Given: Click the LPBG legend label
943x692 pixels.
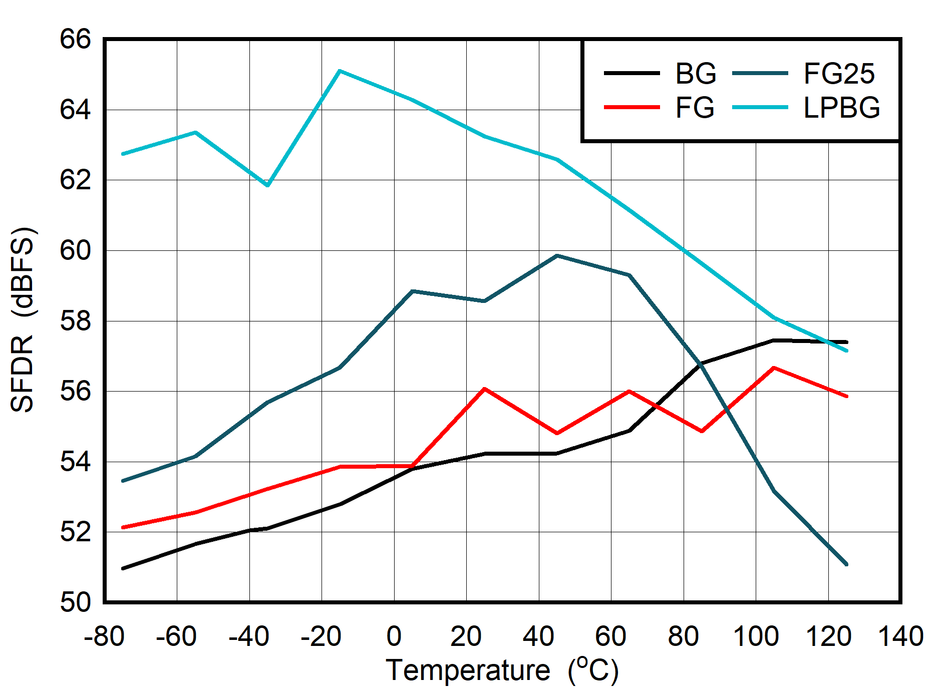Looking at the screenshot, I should tap(841, 108).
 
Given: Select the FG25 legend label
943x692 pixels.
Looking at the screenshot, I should tap(839, 74).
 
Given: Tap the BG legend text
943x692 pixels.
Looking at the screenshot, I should tap(695, 74).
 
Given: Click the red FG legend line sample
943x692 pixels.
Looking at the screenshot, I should tap(632, 107).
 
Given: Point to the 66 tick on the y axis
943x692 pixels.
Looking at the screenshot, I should tap(76, 39).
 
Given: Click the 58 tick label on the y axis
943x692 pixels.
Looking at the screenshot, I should tap(76, 321).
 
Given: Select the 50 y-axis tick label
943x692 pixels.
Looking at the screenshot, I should tap(76, 602).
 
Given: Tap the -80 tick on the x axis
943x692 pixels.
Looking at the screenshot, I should tap(104, 637).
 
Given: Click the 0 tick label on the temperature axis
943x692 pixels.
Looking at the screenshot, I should tap(394, 637).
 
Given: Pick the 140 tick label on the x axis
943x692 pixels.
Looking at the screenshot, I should tap(900, 637).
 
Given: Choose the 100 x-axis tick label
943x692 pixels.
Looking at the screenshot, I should tap(755, 637).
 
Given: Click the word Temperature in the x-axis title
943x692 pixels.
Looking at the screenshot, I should tap(468, 670).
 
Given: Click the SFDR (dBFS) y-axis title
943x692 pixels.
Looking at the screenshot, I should tap(23, 320).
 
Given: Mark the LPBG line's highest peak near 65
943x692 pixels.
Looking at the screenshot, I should tap(340, 71).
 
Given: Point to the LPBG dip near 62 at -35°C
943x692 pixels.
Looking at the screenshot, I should tap(268, 185).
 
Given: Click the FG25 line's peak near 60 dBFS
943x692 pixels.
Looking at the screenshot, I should tap(557, 256).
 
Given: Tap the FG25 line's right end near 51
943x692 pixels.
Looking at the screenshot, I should tap(846, 564).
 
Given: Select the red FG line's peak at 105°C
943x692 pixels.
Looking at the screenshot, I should tap(774, 368).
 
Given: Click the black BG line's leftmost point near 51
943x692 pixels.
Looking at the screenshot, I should tap(123, 568).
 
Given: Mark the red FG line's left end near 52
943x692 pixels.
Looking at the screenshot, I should tap(123, 527).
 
